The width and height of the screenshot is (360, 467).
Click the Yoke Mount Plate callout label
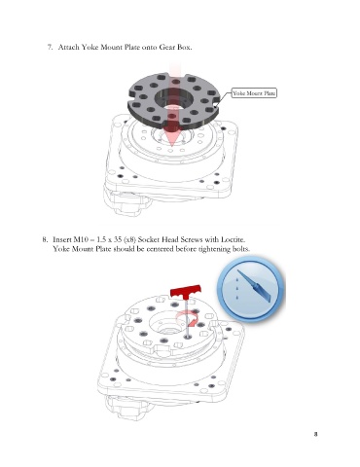(254, 93)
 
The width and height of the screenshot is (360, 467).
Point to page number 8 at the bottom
(315, 434)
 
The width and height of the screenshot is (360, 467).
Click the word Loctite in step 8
(233, 239)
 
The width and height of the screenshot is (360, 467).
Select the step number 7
(50, 47)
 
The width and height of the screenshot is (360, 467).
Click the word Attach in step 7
(68, 47)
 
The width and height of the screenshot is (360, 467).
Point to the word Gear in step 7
(167, 47)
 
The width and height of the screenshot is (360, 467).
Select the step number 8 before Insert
(45, 239)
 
